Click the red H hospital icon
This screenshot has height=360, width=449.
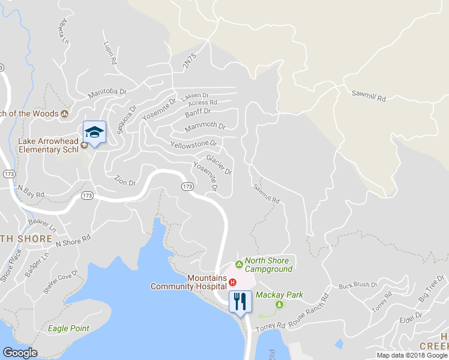(x=233, y=282)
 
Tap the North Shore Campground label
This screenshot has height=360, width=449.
(x=268, y=265)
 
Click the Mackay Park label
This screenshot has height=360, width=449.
(x=279, y=295)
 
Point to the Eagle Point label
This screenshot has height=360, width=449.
(x=69, y=328)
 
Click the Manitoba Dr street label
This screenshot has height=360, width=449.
(x=108, y=93)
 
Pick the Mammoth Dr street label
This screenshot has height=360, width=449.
(x=205, y=127)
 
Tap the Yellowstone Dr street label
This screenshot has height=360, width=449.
(x=193, y=145)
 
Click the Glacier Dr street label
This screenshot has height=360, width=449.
(x=218, y=165)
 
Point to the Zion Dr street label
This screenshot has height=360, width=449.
(x=125, y=179)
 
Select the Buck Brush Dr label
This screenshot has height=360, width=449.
(x=357, y=285)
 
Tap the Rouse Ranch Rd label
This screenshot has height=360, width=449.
(x=309, y=310)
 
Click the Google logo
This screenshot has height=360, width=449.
(x=20, y=353)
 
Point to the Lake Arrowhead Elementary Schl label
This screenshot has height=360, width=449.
(x=49, y=146)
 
